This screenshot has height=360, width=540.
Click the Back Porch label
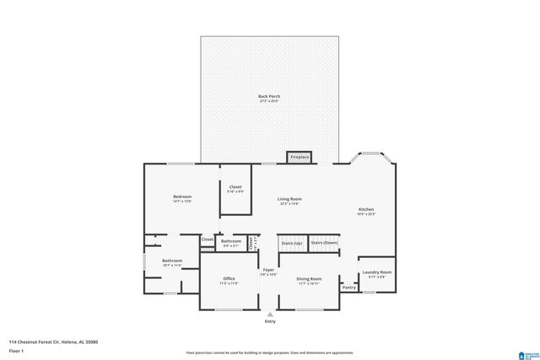[269, 97]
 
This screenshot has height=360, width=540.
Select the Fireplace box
[300, 158]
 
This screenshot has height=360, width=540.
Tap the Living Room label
[290, 199]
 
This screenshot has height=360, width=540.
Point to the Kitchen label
[366, 209]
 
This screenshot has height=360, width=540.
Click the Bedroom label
[182, 197]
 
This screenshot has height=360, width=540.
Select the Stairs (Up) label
[291, 243]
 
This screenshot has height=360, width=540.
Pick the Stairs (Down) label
[324, 243]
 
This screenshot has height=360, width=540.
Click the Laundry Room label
[376, 272]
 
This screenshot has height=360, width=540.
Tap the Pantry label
[349, 287]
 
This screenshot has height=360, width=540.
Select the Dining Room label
[309, 279]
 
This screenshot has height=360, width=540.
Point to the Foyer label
[268, 271]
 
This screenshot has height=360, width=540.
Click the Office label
[229, 279]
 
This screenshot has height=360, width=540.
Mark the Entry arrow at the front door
[270, 314]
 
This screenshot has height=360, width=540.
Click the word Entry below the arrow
[270, 321]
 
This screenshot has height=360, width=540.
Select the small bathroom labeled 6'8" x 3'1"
[231, 242]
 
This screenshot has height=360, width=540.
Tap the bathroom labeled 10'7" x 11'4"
[172, 261]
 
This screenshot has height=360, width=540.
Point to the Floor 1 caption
[16, 350]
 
